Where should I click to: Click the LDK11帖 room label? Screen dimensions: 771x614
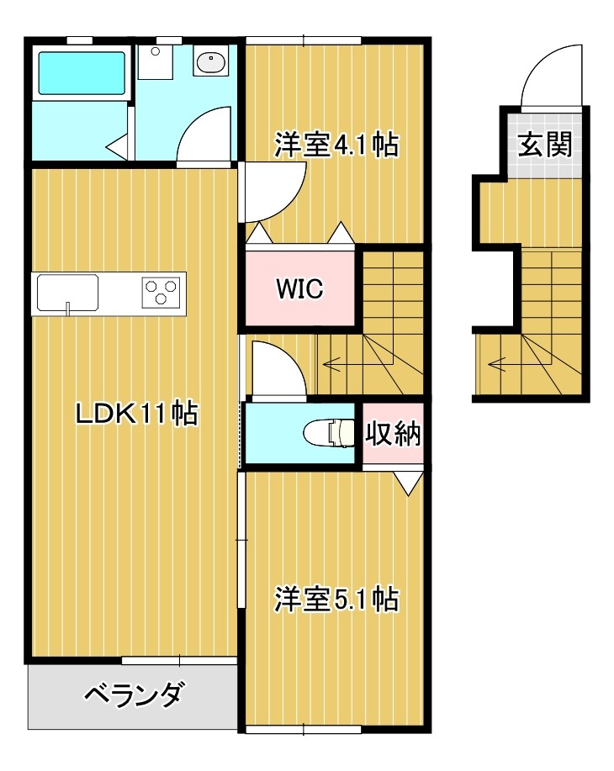pos(136,413)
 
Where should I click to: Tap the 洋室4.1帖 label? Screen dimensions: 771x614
pos(336,146)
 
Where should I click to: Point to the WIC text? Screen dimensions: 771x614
pos(300,288)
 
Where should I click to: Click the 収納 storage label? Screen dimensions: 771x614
pos(393,435)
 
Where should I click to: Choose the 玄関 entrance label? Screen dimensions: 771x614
pos(544,145)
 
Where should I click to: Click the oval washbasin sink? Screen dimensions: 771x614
pos(210,61)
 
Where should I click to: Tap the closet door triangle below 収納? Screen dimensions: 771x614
pos(409,483)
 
